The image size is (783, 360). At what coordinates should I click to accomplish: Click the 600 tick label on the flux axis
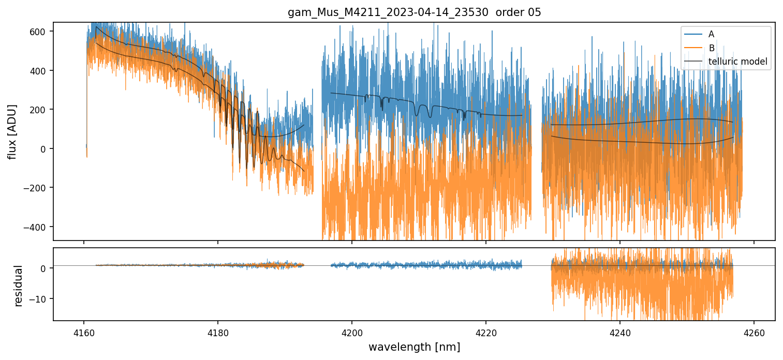click(x=40, y=32)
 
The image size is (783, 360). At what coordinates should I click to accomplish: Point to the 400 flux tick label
click(x=40, y=71)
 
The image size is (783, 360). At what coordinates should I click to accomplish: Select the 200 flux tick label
click(x=40, y=110)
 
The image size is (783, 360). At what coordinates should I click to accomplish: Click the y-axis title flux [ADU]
click(x=12, y=131)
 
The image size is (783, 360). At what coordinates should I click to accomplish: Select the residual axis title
click(x=19, y=286)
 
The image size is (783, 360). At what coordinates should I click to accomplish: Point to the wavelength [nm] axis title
click(x=414, y=347)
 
